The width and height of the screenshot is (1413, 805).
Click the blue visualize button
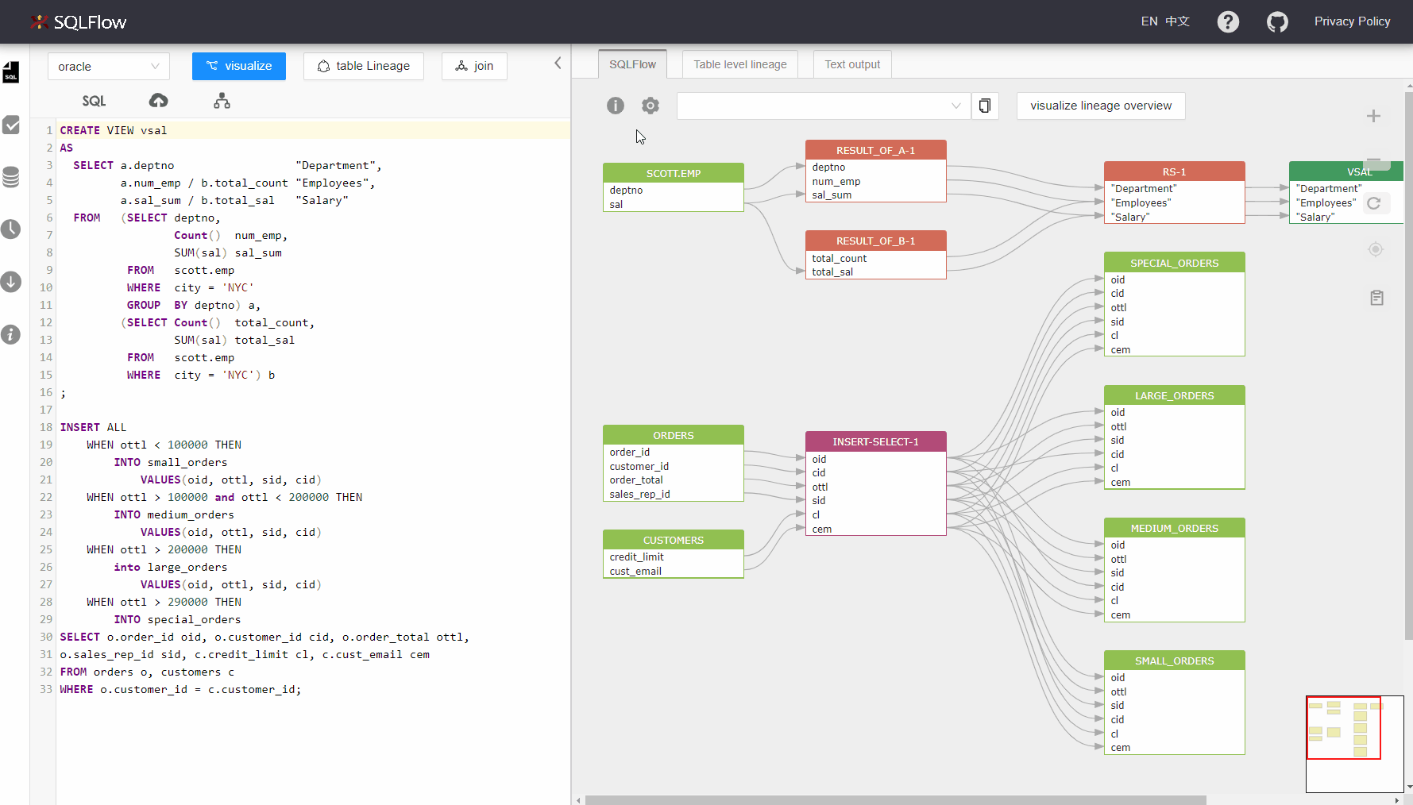(x=239, y=66)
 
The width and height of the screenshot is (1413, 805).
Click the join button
(x=474, y=66)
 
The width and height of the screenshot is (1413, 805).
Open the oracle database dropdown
(x=109, y=67)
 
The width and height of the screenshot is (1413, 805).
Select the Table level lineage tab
(x=740, y=64)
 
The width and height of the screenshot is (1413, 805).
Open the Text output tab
(x=852, y=64)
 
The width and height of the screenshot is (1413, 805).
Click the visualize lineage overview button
(x=1101, y=106)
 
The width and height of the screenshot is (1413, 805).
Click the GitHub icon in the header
(x=1277, y=21)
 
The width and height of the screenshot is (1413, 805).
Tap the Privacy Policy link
(x=1352, y=21)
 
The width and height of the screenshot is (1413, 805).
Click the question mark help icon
(x=1228, y=21)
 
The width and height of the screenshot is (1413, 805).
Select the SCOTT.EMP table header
(x=674, y=173)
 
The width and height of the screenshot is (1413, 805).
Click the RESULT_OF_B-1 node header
(x=875, y=241)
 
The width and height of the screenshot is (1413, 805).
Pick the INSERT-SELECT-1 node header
(x=875, y=441)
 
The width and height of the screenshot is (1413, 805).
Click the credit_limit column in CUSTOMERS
(x=637, y=557)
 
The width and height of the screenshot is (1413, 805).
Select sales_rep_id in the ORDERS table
(x=640, y=494)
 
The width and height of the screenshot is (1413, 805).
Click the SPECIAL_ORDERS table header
(x=1174, y=263)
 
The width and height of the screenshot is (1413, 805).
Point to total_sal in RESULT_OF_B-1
(x=832, y=272)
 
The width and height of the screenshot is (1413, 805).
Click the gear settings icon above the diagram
(x=651, y=106)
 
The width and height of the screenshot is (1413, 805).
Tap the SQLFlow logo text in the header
(x=90, y=22)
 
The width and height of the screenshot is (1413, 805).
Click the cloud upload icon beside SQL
(x=159, y=100)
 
